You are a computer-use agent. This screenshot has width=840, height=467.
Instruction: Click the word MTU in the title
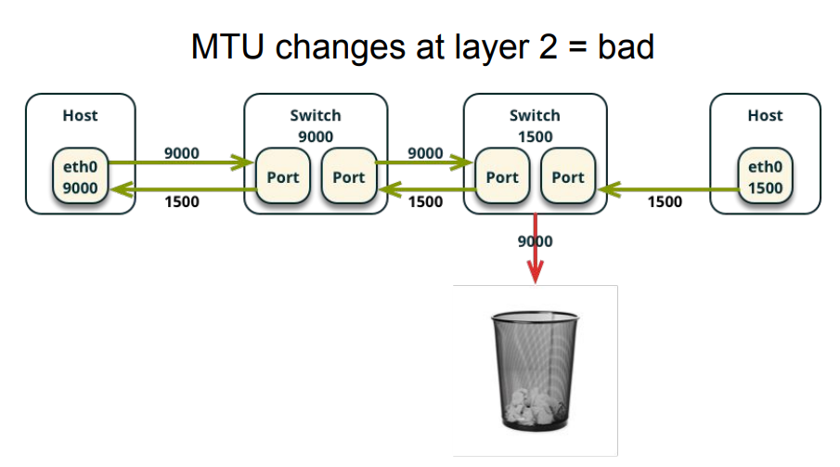[x=227, y=46]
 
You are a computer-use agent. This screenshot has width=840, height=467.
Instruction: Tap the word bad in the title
[x=626, y=46]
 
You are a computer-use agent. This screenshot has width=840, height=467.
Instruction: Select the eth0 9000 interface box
[x=81, y=175]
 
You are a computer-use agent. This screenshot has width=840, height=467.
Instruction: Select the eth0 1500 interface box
[x=765, y=175]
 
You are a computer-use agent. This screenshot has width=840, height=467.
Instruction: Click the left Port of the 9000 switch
[x=283, y=175]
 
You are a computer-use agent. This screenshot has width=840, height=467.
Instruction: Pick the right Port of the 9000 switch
[x=349, y=175]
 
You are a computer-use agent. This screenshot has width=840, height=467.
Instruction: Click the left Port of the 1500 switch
[x=502, y=175]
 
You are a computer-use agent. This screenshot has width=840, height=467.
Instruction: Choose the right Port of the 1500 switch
[x=568, y=175]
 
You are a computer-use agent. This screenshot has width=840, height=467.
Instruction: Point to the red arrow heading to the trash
[x=536, y=248]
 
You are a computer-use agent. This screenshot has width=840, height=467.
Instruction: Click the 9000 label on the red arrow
[x=536, y=241]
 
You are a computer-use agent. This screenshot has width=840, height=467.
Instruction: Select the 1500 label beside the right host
[x=665, y=201]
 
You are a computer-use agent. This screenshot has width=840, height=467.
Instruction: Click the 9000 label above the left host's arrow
[x=182, y=153]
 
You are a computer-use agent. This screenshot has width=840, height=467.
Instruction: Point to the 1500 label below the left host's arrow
[x=182, y=201]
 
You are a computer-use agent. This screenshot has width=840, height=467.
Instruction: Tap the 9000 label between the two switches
[x=425, y=153]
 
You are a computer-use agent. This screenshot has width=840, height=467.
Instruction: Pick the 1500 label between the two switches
[x=425, y=201]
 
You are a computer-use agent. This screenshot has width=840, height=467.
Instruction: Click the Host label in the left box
[x=81, y=115]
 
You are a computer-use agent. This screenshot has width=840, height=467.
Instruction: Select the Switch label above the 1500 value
[x=535, y=115]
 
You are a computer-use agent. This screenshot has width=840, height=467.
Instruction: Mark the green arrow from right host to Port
[x=668, y=189]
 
